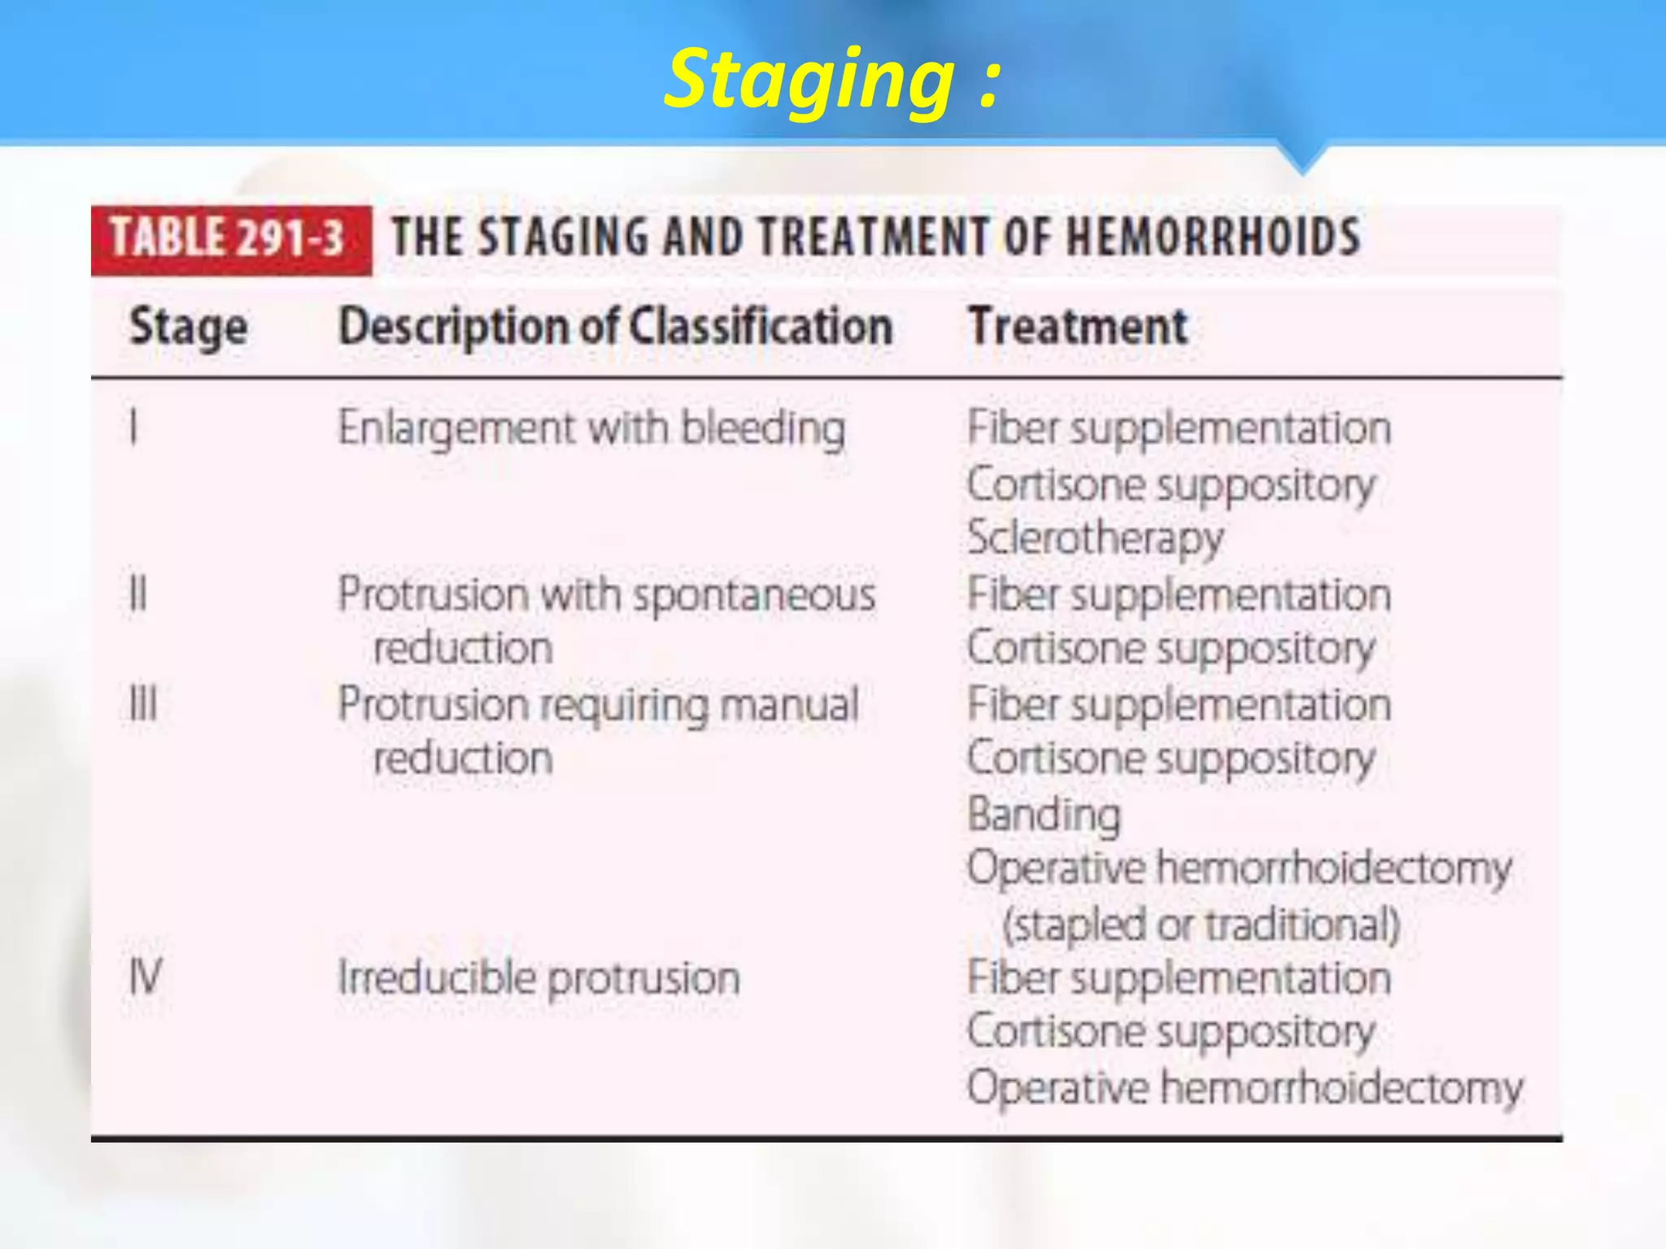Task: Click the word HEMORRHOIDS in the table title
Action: tap(1212, 237)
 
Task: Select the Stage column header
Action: tap(189, 328)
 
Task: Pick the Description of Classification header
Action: tap(616, 328)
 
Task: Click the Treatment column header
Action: tap(1077, 328)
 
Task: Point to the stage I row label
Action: tap(134, 427)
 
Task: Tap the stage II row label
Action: tap(138, 594)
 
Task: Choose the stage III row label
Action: tap(143, 703)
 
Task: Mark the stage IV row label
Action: tap(146, 977)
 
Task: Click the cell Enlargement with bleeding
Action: tap(591, 429)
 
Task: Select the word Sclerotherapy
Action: tap(1095, 538)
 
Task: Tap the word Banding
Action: tap(1044, 814)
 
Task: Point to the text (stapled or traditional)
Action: tap(1201, 925)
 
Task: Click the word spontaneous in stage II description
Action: tap(754, 595)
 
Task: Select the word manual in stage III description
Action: tap(789, 704)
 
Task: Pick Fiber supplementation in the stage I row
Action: tap(1179, 429)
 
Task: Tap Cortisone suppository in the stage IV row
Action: tap(1171, 1032)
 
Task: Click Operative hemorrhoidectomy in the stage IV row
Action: tap(1245, 1088)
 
